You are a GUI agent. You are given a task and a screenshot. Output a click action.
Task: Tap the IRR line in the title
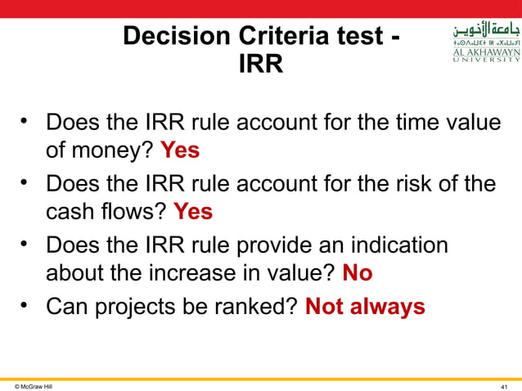pyautogui.click(x=261, y=64)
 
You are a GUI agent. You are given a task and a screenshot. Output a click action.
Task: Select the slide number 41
pyautogui.click(x=506, y=385)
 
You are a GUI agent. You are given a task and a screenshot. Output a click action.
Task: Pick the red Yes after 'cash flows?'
pyautogui.click(x=193, y=211)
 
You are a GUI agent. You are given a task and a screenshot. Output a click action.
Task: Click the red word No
pyautogui.click(x=357, y=272)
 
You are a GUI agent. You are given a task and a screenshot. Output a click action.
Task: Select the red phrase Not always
pyautogui.click(x=365, y=307)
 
